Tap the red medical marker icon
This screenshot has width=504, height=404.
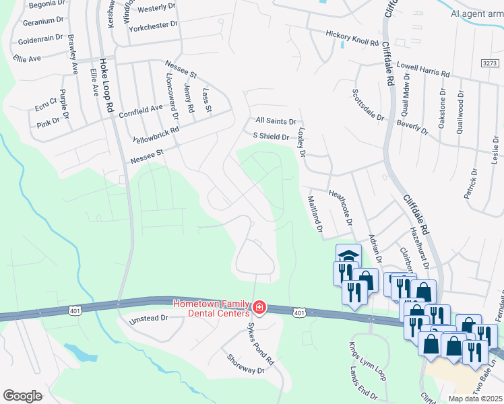pos(259,308)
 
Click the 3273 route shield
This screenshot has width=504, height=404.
pos(492,63)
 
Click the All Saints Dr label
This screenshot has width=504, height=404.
pos(276,121)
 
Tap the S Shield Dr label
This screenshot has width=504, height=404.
pos(270,136)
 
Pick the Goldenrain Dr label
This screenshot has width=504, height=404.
pos(40,38)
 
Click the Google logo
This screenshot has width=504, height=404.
pos(22,395)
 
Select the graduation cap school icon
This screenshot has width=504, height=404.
pos(348,256)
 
